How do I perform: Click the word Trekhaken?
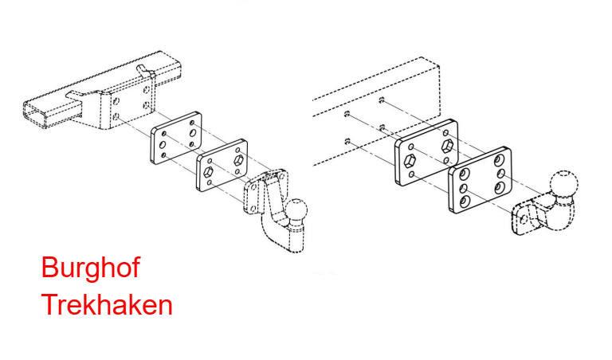(x=107, y=304)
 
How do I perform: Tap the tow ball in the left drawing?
(x=296, y=210)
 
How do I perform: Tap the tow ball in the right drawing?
(x=563, y=185)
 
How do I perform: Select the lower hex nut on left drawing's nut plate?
(x=209, y=172)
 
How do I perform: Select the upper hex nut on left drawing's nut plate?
(x=238, y=160)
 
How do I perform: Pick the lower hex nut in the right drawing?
(x=410, y=161)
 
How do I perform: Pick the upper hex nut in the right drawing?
(x=447, y=147)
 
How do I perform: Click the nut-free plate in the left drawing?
(x=176, y=138)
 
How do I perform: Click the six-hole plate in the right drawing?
(x=480, y=180)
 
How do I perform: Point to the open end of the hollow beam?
(x=35, y=114)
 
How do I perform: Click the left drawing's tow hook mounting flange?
(x=257, y=191)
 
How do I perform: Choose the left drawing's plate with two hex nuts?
(x=222, y=166)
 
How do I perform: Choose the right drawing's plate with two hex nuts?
(x=426, y=152)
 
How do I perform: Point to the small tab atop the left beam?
(x=143, y=69)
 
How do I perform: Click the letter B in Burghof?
(x=50, y=268)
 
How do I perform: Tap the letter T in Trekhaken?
(x=49, y=304)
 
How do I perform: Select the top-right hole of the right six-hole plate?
(x=499, y=160)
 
